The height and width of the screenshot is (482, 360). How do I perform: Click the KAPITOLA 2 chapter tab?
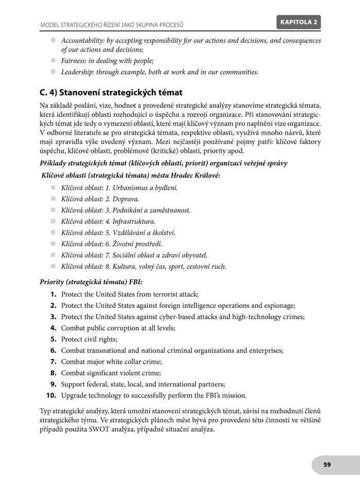pyautogui.click(x=300, y=22)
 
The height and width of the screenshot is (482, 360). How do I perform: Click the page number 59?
pyautogui.click(x=327, y=465)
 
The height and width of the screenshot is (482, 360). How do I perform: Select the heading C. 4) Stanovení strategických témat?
pyautogui.click(x=111, y=93)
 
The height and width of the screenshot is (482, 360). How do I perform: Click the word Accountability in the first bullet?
pyautogui.click(x=84, y=41)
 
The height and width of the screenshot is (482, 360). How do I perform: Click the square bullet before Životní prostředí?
pyautogui.click(x=53, y=244)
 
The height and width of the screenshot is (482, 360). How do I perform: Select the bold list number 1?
pyautogui.click(x=53, y=294)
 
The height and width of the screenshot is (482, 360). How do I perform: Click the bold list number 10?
pyautogui.click(x=51, y=396)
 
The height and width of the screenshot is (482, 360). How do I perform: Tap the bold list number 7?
pyautogui.click(x=53, y=362)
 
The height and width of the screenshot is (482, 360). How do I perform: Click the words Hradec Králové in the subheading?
pyautogui.click(x=195, y=176)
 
